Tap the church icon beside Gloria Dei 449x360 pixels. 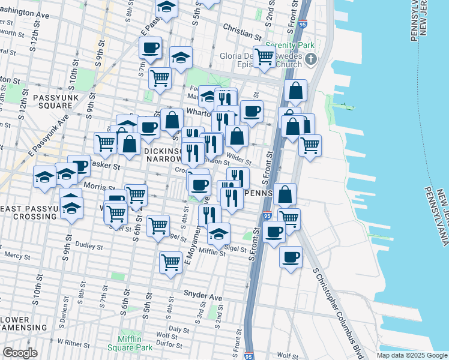coord(310,59)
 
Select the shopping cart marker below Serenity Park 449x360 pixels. coord(264,57)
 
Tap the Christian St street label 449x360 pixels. coord(240,28)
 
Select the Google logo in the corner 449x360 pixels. coord(20,353)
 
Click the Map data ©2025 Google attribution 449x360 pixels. coord(411,355)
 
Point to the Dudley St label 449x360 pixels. coord(89,246)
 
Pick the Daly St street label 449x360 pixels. coord(179,329)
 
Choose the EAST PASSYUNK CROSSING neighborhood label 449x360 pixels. coord(29,212)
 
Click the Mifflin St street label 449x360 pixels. coord(211,253)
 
